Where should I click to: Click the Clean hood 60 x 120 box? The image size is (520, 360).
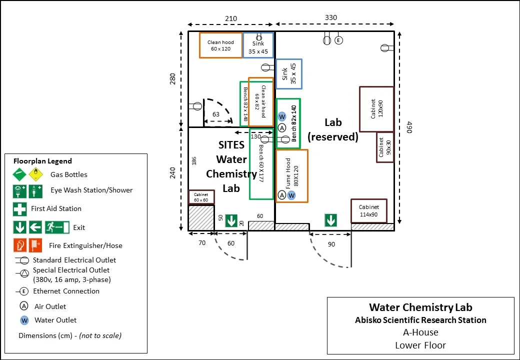click(x=220, y=45)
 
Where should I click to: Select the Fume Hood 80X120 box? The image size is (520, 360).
click(x=292, y=175)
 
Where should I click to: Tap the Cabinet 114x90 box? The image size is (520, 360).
click(x=369, y=210)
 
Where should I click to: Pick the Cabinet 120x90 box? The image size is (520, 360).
click(x=376, y=109)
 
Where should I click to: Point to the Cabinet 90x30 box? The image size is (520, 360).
click(x=385, y=147)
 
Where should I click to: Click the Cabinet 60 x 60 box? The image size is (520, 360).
click(x=201, y=197)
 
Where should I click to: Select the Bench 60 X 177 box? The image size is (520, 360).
click(x=261, y=163)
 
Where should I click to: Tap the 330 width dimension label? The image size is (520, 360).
click(x=331, y=17)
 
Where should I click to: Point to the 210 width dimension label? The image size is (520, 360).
click(x=231, y=19)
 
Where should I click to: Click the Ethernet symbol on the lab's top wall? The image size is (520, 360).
click(x=338, y=40)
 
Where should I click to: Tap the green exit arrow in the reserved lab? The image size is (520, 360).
click(x=330, y=220)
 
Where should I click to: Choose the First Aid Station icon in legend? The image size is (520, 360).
click(x=19, y=209)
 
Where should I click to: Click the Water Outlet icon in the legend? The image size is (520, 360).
click(x=24, y=320)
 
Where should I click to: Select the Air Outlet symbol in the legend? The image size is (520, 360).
click(x=24, y=306)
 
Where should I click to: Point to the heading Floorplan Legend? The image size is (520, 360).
click(x=42, y=161)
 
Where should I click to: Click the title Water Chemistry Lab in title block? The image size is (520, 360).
click(x=420, y=307)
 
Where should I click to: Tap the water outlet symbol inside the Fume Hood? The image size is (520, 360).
click(x=291, y=195)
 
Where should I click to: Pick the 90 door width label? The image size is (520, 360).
click(x=331, y=244)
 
